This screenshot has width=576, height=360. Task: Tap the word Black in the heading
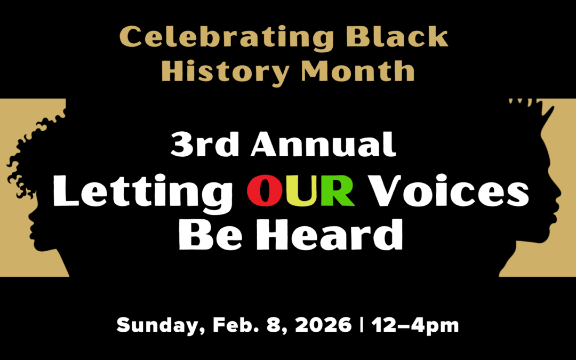(397, 36)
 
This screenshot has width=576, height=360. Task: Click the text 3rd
(205, 145)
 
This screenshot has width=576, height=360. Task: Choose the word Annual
(323, 144)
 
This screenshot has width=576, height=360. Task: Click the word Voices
(449, 190)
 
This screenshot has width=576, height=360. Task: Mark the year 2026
(323, 325)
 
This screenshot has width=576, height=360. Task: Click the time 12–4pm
(415, 325)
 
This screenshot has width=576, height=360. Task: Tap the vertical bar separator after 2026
(362, 325)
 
